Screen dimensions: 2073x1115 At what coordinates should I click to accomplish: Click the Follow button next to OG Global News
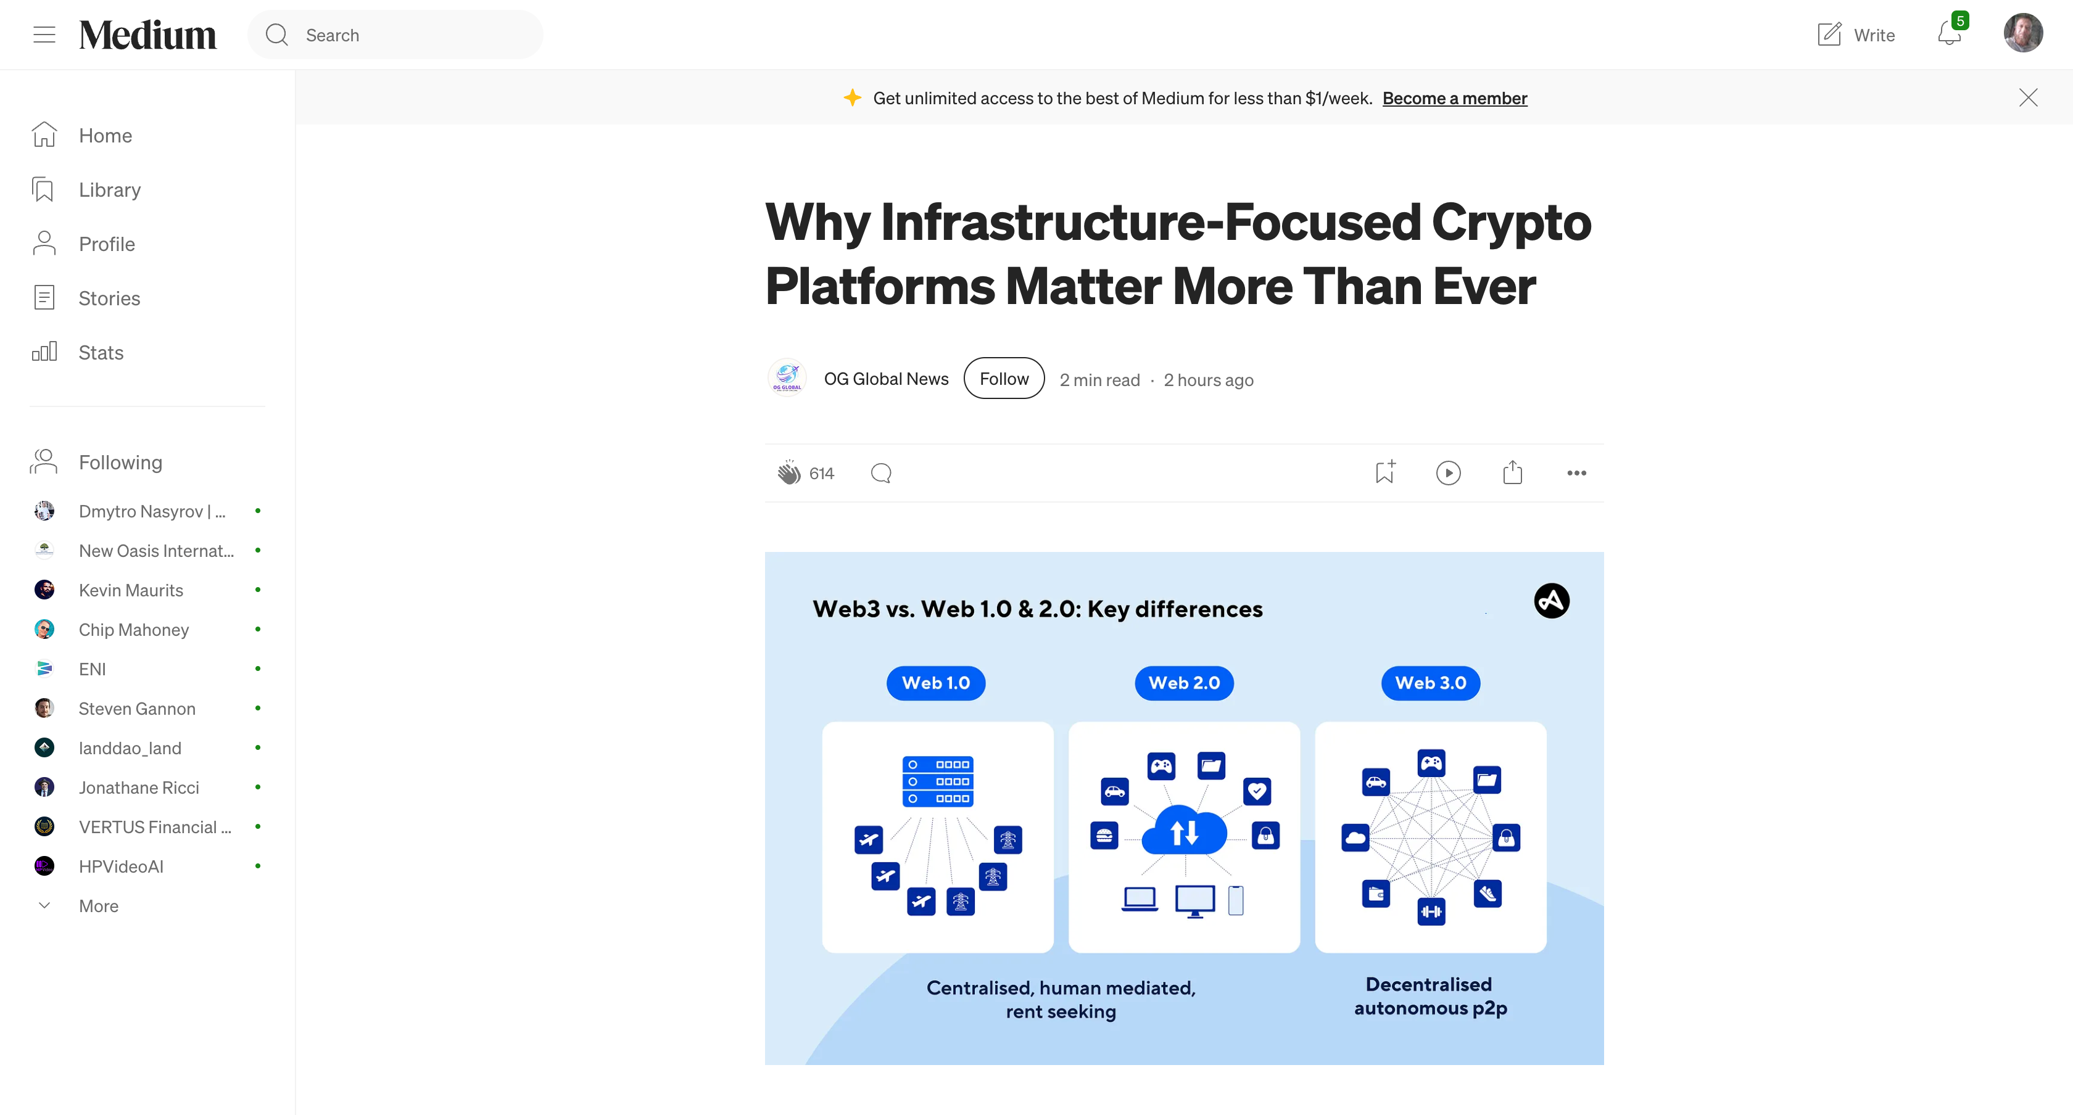1004,378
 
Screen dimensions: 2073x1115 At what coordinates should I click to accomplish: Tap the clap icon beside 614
788,472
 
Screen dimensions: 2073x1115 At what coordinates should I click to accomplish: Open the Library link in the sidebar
109,189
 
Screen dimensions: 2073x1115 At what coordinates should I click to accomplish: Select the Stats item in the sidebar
101,352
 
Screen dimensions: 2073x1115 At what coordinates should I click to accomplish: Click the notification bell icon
1948,34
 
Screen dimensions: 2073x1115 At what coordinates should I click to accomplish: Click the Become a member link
1454,98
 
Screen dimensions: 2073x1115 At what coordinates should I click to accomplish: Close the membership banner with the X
2028,97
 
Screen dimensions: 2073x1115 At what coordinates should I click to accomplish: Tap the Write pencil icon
1828,34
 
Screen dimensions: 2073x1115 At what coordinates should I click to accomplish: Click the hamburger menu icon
44,34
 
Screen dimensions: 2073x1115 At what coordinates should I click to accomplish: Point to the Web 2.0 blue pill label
1184,683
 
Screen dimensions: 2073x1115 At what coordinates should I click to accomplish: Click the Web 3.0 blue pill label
1430,683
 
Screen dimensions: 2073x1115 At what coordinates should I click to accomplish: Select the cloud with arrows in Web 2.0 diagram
1184,830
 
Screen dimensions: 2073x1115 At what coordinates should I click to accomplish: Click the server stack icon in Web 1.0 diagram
938,781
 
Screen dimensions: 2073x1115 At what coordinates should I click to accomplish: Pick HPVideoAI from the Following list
121,866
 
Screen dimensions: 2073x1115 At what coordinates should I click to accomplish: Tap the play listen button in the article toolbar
1448,472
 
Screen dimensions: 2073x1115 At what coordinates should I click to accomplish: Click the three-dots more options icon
1576,473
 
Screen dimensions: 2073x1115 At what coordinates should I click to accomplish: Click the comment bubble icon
881,473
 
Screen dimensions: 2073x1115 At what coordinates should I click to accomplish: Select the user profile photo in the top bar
2022,33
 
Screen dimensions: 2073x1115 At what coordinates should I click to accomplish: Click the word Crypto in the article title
1512,222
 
